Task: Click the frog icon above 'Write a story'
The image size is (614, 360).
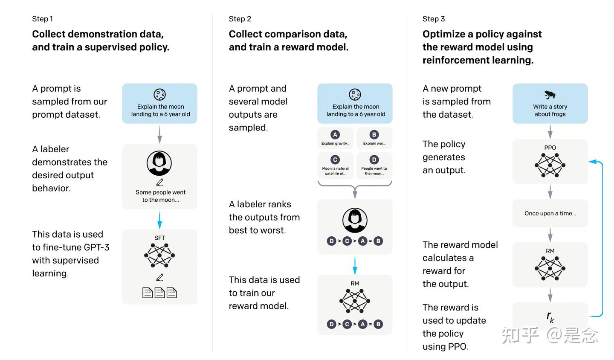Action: (550, 94)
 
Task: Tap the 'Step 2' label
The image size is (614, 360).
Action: (240, 19)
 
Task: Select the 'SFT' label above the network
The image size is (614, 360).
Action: (159, 238)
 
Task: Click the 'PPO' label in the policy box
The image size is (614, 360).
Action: (550, 148)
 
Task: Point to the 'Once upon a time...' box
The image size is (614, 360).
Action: (550, 213)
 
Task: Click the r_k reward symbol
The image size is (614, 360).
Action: (550, 317)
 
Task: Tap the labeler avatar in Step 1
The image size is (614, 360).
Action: (159, 163)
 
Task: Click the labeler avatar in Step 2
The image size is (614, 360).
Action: (355, 220)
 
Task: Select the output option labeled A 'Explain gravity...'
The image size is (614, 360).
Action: (335, 138)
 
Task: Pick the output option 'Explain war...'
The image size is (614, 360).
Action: (374, 138)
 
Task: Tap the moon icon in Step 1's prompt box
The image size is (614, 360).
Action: (159, 94)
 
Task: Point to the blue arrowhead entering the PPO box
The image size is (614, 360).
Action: (592, 162)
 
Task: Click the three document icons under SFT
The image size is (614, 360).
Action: (159, 293)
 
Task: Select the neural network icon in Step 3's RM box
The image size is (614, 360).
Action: (550, 268)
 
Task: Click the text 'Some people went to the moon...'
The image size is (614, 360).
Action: (160, 196)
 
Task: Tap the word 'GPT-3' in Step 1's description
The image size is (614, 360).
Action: (96, 247)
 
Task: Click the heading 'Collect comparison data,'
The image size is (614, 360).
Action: (288, 34)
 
